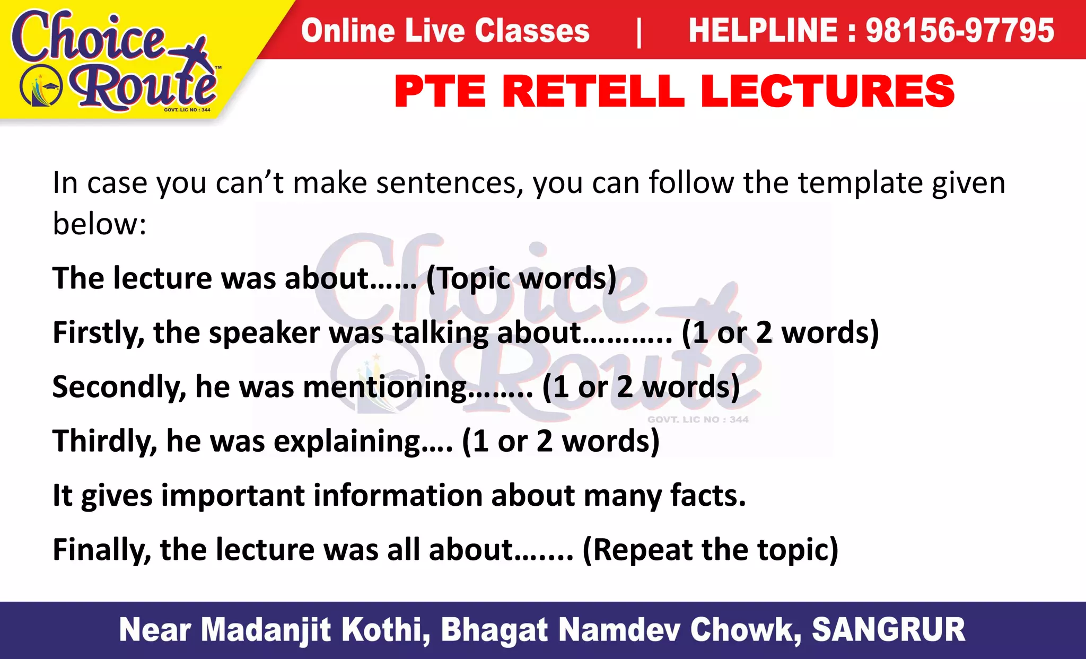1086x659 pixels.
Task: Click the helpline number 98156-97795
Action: coord(960,30)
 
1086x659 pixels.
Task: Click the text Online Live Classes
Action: coord(445,30)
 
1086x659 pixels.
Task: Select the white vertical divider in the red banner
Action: coord(638,32)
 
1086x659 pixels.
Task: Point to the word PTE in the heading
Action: coord(440,91)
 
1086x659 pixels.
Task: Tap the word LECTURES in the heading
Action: coord(827,91)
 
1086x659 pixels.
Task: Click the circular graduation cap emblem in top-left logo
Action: coord(41,86)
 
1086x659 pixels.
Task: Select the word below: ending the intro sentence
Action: coord(99,224)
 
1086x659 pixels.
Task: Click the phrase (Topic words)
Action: coord(521,278)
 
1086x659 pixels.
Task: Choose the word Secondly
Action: coord(119,387)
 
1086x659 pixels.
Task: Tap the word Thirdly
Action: coord(104,441)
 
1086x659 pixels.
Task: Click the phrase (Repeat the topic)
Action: coord(710,549)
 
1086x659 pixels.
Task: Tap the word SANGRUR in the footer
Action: coord(888,630)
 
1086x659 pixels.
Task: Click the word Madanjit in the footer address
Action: coord(266,630)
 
